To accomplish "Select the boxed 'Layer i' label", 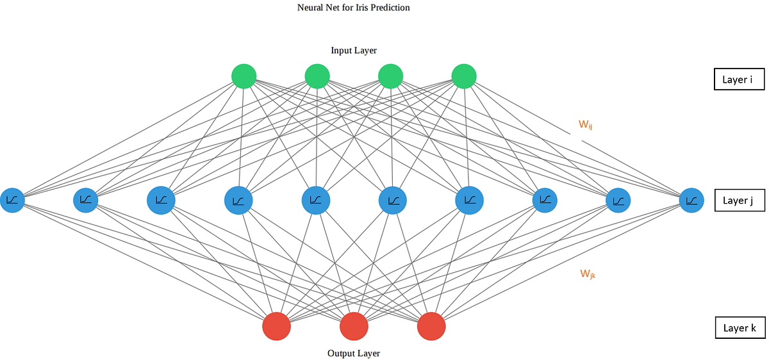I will point(740,79).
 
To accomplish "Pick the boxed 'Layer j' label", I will point(740,200).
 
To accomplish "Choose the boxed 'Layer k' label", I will point(740,328).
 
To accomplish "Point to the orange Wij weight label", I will point(585,125).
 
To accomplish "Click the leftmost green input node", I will point(244,77).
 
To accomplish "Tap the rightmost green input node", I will point(464,77).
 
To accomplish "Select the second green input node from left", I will point(317,77).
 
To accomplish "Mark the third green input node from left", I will point(390,77).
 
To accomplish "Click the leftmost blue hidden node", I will point(12,200).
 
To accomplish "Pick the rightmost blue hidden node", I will point(691,200).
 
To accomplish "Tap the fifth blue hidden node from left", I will point(315,200).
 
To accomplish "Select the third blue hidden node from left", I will point(161,200).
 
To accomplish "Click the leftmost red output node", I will point(277,326).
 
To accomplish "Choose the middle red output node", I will point(354,327).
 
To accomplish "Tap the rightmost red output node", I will point(431,326).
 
